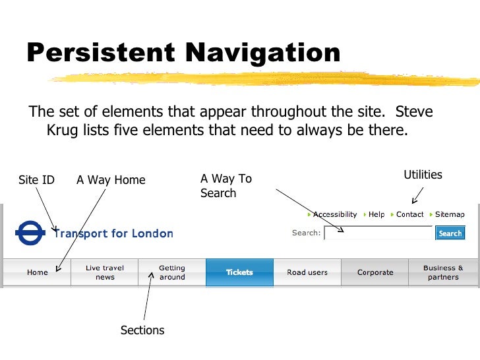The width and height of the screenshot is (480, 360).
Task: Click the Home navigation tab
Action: [37, 272]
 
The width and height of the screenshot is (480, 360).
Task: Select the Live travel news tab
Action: [105, 272]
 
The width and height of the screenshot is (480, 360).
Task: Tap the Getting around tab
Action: [172, 272]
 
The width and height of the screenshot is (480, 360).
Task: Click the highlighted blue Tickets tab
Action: [239, 272]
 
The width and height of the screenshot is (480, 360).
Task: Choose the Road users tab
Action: [307, 272]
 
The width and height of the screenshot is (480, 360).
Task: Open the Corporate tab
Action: [375, 272]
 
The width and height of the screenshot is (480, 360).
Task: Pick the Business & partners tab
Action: [443, 272]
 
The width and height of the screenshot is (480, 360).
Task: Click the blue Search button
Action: [450, 233]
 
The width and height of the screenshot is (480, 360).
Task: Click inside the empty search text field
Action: [378, 233]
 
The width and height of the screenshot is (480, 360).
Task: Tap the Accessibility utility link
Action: [334, 214]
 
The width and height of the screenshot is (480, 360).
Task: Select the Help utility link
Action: [376, 214]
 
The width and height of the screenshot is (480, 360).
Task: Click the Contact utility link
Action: [409, 214]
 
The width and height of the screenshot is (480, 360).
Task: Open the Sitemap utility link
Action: [450, 214]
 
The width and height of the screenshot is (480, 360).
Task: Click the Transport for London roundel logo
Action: [30, 233]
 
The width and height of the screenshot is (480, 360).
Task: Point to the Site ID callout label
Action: [36, 180]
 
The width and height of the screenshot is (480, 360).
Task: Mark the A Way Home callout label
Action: [111, 180]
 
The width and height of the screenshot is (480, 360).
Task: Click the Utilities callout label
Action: [423, 175]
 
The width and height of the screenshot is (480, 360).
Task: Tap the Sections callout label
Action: [142, 330]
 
